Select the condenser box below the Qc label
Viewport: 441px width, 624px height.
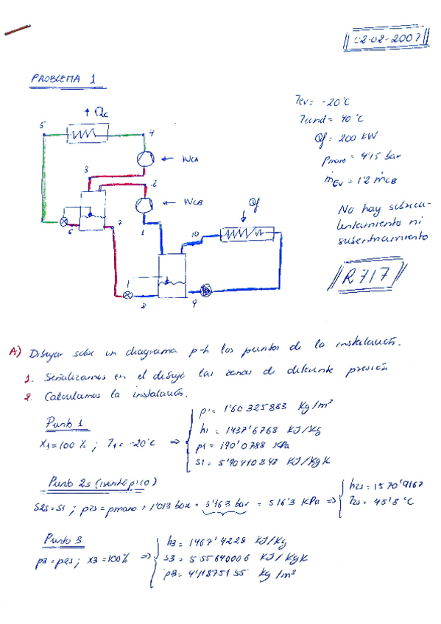(88, 133)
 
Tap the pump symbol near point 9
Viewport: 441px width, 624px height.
(204, 292)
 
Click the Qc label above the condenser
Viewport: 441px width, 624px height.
(94, 113)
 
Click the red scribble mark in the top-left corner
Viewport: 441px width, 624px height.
(18, 29)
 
